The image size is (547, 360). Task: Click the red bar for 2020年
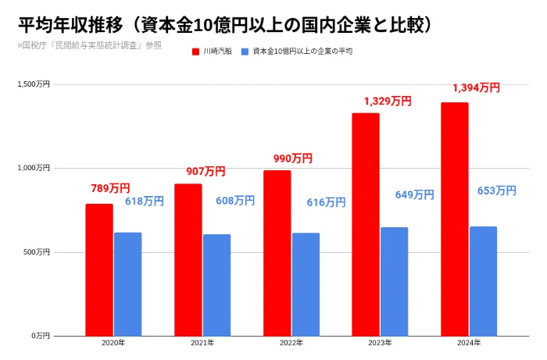[x=99, y=269]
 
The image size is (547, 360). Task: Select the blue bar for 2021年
[x=217, y=285]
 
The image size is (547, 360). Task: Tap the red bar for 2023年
[x=366, y=224]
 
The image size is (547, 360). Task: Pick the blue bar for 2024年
[x=483, y=281]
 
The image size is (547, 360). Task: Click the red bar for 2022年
[x=277, y=253]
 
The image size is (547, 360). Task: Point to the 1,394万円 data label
[x=476, y=87]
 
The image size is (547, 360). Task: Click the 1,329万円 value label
[x=388, y=101]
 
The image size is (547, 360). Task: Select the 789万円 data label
[x=110, y=188]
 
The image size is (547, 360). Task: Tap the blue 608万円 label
[x=235, y=201]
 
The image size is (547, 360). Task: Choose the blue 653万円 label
[x=497, y=191]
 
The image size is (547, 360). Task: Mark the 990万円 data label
[x=293, y=159]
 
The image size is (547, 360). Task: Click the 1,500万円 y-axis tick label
[x=34, y=84]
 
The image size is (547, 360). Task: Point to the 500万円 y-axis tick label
[x=37, y=252]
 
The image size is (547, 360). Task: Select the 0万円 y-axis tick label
[x=41, y=336]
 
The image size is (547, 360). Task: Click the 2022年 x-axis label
[x=291, y=343]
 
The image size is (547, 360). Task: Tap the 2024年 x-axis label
[x=469, y=343]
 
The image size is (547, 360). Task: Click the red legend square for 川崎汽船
[x=195, y=52]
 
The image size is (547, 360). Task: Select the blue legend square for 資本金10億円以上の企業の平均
[x=245, y=52]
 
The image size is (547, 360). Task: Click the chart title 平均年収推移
[x=70, y=26]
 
